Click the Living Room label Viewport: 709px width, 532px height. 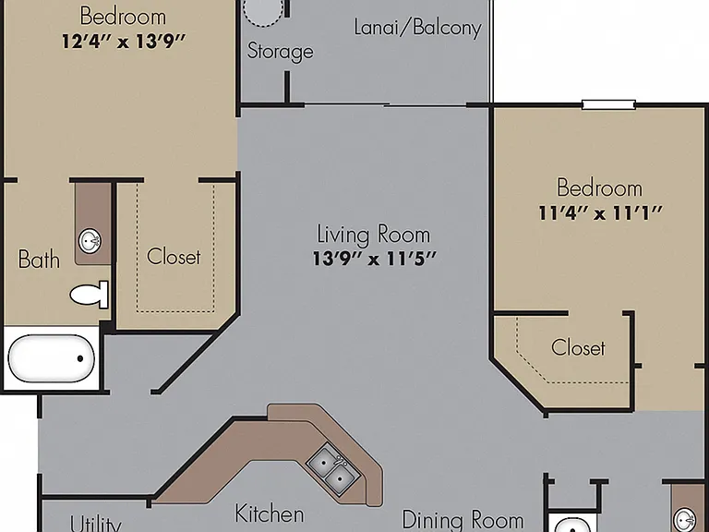374,235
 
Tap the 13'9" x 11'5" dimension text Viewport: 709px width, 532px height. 375,259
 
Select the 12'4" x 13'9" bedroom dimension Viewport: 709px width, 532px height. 124,42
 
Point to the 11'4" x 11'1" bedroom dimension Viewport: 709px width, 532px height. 600,212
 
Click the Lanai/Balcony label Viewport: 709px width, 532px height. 418,28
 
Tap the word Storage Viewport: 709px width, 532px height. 281,51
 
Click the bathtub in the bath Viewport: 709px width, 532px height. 52,358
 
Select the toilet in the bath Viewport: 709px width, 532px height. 90,295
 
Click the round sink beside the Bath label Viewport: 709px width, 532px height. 90,241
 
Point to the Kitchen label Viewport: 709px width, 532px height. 270,514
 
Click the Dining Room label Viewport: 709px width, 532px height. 463,520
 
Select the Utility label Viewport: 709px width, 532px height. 96,524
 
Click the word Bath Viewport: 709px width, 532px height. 39,260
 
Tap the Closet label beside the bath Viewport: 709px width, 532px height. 174,257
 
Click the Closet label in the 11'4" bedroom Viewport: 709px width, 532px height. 578,347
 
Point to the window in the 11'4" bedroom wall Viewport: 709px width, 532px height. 608,105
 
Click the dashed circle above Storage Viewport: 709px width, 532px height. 263,11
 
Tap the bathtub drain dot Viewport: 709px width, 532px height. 80,358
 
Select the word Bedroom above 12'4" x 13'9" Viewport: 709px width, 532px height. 123,17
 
